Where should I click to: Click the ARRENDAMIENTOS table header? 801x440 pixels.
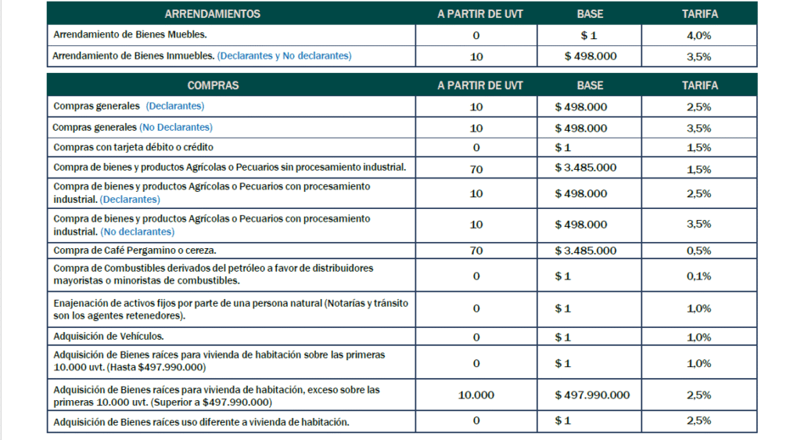(213, 14)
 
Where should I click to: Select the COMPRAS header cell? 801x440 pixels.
(213, 85)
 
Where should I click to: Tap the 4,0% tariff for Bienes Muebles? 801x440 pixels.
(699, 35)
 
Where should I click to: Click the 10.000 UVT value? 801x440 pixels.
(476, 395)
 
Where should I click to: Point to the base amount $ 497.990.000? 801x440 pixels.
(591, 395)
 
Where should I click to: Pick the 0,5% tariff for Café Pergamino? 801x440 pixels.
(699, 251)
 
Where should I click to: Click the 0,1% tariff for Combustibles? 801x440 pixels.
(699, 276)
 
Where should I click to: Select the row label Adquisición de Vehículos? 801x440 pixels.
(109, 337)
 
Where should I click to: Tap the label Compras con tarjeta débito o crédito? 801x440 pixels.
(133, 147)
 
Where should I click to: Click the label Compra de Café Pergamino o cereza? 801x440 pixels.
(135, 251)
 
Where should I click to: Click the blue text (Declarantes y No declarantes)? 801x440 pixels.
(284, 56)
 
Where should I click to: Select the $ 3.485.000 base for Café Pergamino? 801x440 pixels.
(585, 251)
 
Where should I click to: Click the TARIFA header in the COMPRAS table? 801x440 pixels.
(699, 85)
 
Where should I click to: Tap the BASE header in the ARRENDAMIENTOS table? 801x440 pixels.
(590, 14)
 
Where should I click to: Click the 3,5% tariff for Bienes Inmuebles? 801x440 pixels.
(699, 56)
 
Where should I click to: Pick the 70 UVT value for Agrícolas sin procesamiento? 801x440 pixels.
(476, 168)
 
